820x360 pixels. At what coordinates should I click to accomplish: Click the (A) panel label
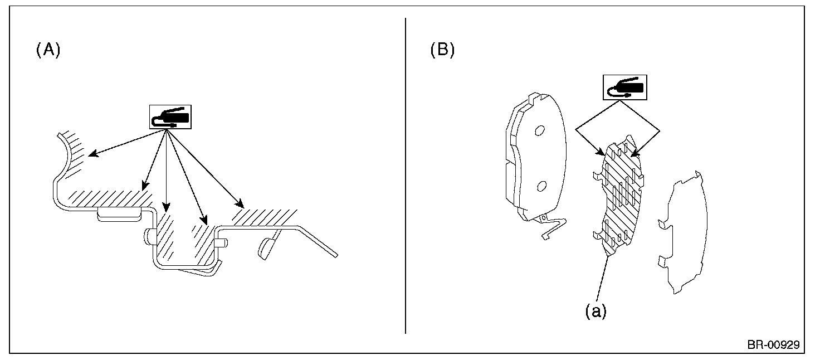(48, 50)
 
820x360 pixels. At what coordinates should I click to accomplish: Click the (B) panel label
(442, 50)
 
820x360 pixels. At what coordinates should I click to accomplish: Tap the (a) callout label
(595, 312)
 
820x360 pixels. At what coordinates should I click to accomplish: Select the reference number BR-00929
(773, 345)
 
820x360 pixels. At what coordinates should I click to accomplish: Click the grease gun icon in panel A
(169, 116)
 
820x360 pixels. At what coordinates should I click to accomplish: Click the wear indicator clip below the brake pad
(551, 228)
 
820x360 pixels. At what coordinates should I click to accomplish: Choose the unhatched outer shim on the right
(682, 234)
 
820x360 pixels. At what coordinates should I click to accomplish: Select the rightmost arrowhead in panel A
(240, 205)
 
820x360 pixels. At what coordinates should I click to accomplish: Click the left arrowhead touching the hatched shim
(601, 153)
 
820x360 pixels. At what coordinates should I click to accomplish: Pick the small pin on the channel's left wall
(149, 236)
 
